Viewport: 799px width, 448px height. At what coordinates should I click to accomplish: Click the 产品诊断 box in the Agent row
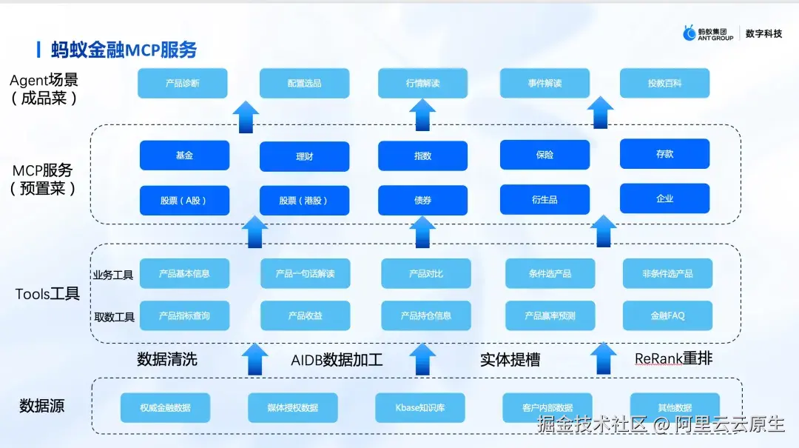coord(182,84)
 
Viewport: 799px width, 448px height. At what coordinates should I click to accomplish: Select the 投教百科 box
coord(664,84)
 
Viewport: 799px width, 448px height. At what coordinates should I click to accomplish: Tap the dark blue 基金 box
coord(184,156)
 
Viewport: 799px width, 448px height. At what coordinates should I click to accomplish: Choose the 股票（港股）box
coord(304,201)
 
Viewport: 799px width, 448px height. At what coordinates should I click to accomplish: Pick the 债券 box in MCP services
coord(422,201)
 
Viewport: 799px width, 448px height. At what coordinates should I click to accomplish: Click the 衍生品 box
coord(545,200)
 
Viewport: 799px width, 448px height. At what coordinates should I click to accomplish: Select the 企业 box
coord(664,198)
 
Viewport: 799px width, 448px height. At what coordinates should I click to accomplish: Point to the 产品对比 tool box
coord(426,274)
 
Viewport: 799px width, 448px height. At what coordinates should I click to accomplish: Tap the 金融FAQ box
coord(667,315)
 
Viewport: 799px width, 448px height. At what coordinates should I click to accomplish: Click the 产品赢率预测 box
coord(550,315)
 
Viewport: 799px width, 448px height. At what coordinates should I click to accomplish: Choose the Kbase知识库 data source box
coord(420,408)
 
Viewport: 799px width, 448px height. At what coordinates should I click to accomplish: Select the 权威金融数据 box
coord(165,408)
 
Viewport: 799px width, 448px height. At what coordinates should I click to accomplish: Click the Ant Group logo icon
coord(690,33)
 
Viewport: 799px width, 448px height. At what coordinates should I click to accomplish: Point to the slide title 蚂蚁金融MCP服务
coord(124,50)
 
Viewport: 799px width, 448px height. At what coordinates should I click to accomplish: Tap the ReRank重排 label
coord(673,359)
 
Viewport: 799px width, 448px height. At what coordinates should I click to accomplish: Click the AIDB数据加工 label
coord(337,361)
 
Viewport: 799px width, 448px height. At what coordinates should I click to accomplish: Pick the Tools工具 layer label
coord(47,294)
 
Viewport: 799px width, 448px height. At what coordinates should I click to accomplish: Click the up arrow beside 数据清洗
coord(254,358)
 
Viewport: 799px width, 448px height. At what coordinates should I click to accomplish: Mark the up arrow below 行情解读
coord(422,115)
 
